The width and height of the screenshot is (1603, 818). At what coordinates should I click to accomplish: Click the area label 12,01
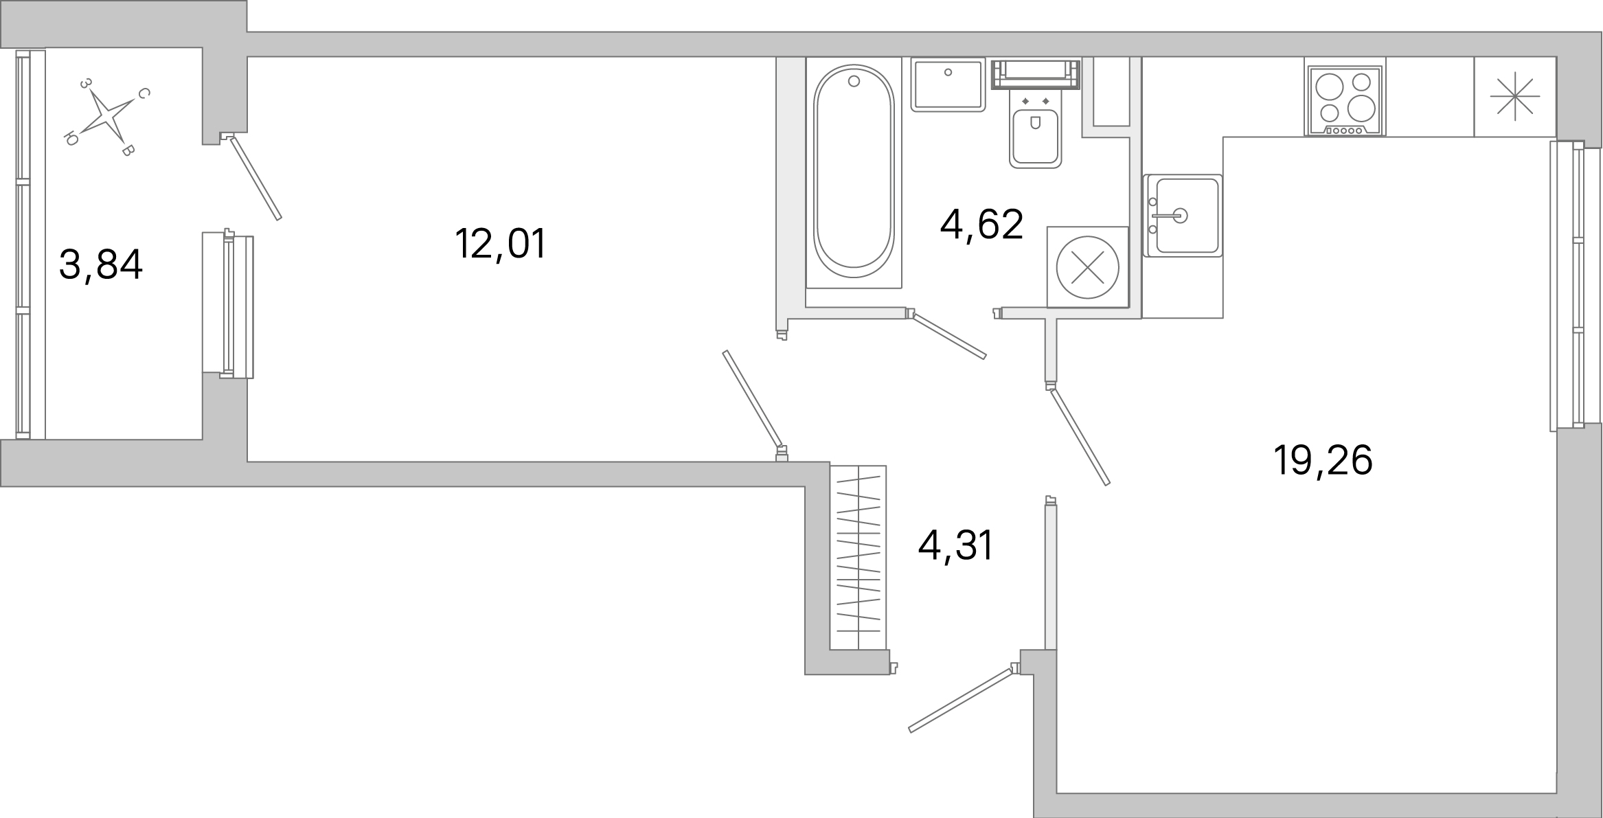click(500, 244)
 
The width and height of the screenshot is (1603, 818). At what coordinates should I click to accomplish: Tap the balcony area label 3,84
click(101, 265)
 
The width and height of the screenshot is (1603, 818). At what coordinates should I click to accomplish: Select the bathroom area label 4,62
click(981, 225)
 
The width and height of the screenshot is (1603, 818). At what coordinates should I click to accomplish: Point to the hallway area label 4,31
click(955, 546)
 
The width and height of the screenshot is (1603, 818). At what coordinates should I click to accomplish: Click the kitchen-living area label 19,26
click(1323, 460)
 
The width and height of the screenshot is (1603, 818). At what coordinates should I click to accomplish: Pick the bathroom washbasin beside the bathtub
click(948, 84)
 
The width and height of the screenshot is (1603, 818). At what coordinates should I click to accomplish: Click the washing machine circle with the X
click(1087, 267)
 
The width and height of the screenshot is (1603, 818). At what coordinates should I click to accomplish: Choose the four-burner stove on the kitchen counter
click(1344, 100)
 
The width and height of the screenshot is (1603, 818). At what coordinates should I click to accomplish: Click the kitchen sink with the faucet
click(1183, 216)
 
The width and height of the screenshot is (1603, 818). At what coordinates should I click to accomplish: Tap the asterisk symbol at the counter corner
click(1514, 97)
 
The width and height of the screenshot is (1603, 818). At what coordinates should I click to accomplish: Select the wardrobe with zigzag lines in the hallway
click(858, 557)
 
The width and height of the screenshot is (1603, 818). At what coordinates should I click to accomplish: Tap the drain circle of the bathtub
click(854, 82)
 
